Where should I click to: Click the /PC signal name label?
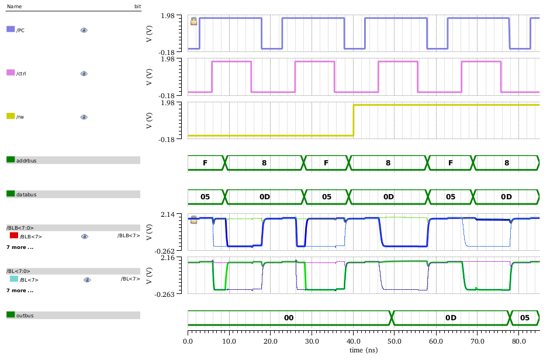coord(20,30)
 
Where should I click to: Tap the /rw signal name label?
coord(20,117)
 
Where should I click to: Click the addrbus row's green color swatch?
coord(11,160)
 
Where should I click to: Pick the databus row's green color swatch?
coord(11,193)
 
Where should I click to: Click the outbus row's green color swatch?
coord(11,315)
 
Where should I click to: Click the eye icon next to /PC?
coord(84,30)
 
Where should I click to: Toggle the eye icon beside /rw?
coord(84,117)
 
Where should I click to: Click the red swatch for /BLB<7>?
coord(14,236)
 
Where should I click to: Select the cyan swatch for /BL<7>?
coord(13,279)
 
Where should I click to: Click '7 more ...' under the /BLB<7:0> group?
coord(20,247)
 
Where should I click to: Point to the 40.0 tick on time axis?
coord(353,340)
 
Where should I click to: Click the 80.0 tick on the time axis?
coord(518,340)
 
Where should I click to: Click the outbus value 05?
coord(525,318)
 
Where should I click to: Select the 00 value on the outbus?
coord(289,318)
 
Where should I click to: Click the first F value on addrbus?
coord(205,163)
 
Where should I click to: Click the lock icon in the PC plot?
coord(194,21)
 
